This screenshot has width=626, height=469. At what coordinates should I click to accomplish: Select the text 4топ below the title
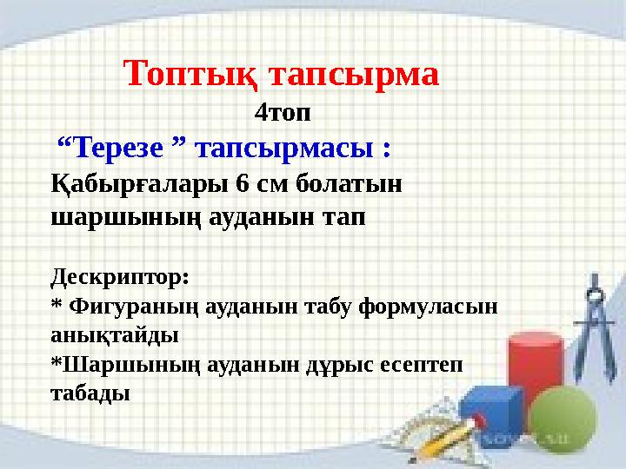pos(283,113)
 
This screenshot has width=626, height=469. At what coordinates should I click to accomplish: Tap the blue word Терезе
pos(118,147)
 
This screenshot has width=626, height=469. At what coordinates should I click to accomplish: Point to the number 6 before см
pos(242,184)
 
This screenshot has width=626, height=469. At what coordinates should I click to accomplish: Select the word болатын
pos(349,184)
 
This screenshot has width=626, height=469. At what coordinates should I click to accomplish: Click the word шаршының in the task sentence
pos(126,218)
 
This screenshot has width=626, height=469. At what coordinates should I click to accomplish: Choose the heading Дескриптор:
pos(120,277)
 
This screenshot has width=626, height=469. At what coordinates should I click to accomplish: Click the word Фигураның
pos(133,307)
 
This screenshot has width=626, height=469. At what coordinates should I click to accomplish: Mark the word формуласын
pos(428,307)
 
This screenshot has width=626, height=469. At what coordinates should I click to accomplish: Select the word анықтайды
pos(115,335)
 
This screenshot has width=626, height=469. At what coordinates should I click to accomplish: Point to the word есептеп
pos(421,365)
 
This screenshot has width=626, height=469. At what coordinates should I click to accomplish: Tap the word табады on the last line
pos(90,393)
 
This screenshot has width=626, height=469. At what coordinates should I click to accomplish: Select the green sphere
pos(563,419)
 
